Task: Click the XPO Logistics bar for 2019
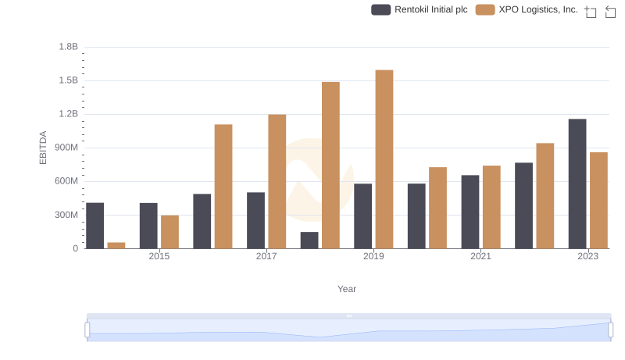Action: pos(384,159)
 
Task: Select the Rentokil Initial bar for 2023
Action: pos(577,184)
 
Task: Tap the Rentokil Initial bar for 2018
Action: pos(309,241)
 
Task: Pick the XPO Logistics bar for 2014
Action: pos(116,245)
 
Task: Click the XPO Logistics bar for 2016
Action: pos(223,187)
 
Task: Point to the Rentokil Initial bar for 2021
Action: pos(470,212)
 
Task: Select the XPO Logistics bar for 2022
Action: pos(545,196)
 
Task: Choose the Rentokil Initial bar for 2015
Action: pos(148,226)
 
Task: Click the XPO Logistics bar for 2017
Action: pos(277,182)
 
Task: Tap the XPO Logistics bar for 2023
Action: pos(598,201)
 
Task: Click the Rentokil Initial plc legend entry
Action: pos(419,10)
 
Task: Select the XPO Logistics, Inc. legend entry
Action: pos(527,10)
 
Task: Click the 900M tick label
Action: pos(66,148)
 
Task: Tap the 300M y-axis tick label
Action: pos(66,215)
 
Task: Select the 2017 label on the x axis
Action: pos(266,256)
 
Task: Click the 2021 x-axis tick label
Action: pos(480,256)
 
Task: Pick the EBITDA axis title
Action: pos(44,148)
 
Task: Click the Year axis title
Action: pos(347,289)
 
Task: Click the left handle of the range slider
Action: pos(87,330)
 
